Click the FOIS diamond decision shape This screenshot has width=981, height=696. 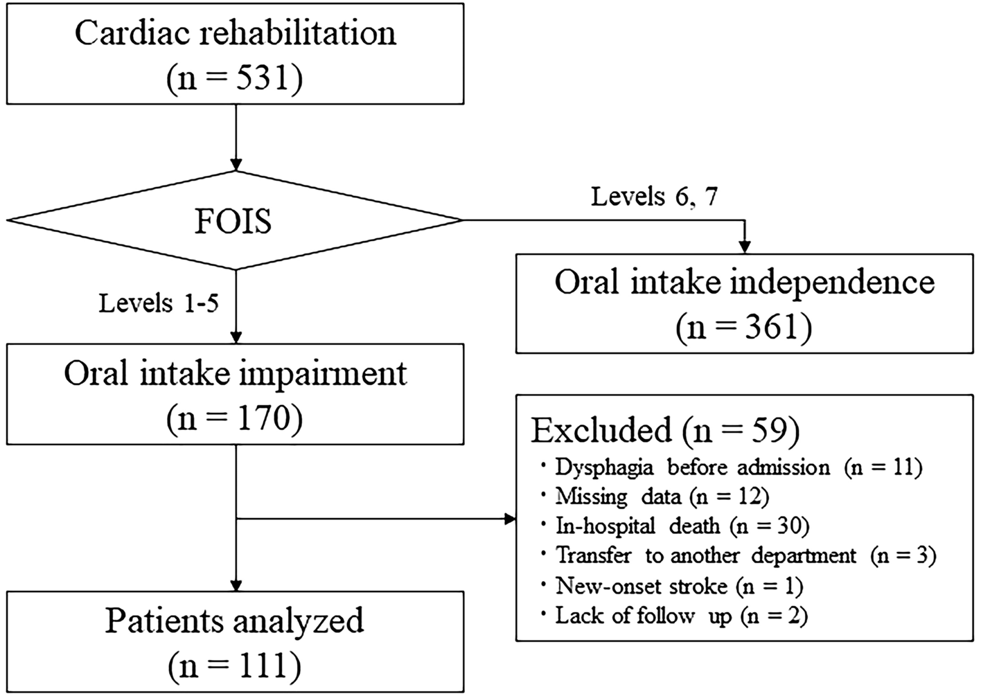pyautogui.click(x=234, y=222)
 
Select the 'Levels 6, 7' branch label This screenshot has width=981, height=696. pyautogui.click(x=654, y=197)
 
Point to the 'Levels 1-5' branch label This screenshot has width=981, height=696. pyautogui.click(x=159, y=303)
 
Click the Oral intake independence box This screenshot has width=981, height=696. pyautogui.click(x=744, y=303)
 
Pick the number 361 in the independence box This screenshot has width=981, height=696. pyautogui.click(x=768, y=326)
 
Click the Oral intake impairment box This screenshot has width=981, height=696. pyautogui.click(x=235, y=393)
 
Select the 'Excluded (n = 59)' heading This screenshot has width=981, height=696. pyautogui.click(x=665, y=430)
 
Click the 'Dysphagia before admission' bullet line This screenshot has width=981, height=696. pyautogui.click(x=738, y=467)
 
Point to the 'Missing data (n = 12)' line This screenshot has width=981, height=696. pyautogui.click(x=662, y=497)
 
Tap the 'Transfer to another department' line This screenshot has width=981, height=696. pyautogui.click(x=745, y=555)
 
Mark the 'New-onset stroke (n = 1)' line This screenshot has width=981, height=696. pyautogui.click(x=679, y=586)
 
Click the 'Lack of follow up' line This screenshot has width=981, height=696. pyautogui.click(x=681, y=615)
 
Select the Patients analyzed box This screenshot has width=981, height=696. pyautogui.click(x=235, y=641)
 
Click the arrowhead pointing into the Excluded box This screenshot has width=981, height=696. pyautogui.click(x=512, y=519)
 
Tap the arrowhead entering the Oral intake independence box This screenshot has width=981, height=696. pyautogui.click(x=745, y=247)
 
